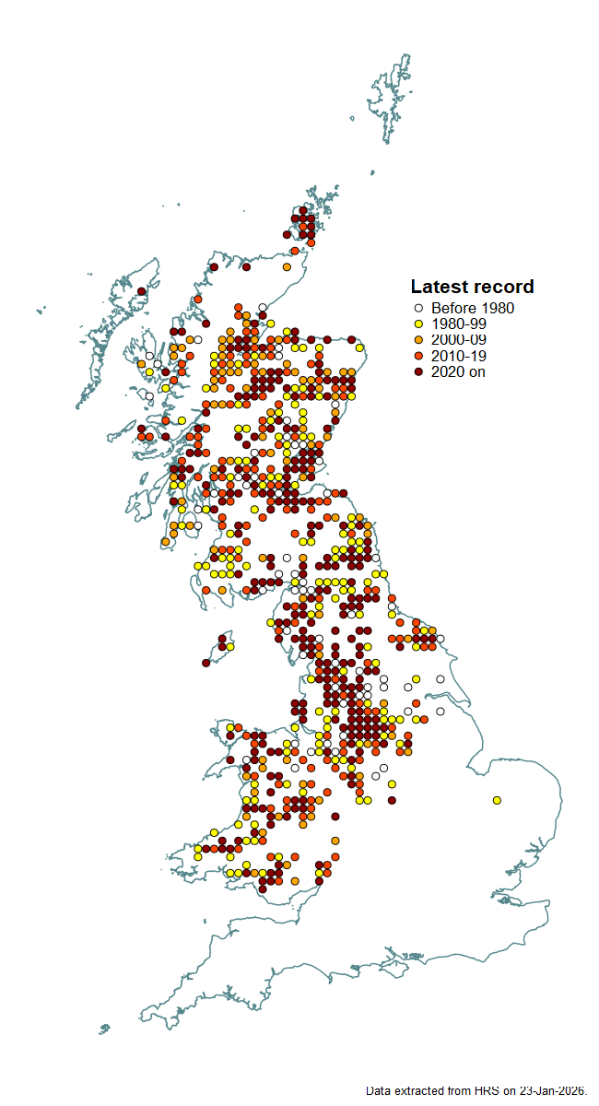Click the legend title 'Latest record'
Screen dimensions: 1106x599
point(472,287)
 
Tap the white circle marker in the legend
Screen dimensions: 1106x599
point(417,309)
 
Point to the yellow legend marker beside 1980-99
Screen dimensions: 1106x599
point(417,324)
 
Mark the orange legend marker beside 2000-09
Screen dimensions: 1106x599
point(417,340)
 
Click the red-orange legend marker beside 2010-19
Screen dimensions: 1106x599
point(417,356)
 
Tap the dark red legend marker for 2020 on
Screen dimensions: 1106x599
point(417,371)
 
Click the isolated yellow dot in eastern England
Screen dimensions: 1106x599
point(497,800)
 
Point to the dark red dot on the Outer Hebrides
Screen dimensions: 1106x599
point(141,291)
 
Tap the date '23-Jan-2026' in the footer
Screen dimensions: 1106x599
point(551,1090)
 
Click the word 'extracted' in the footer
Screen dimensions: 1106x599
point(422,1090)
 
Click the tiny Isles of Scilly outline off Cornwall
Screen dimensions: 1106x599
point(104,1029)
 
